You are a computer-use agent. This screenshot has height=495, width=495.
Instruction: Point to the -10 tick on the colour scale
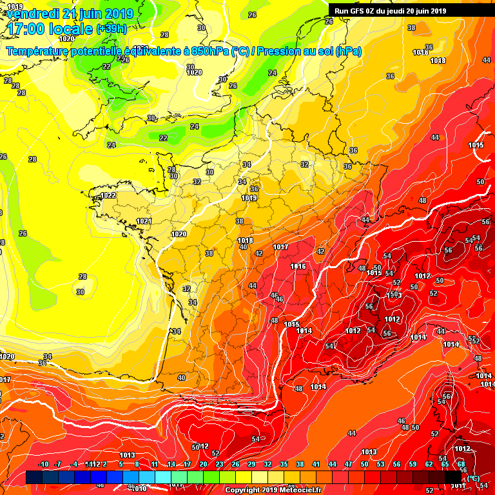[x=43, y=464]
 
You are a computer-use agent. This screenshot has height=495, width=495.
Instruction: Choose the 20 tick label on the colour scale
[x=203, y=464]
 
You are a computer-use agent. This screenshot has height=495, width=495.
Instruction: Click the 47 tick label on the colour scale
[x=348, y=464]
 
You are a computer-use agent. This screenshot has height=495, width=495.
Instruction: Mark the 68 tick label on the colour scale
[x=461, y=464]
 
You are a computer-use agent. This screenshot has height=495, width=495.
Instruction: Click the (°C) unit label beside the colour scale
[x=473, y=478]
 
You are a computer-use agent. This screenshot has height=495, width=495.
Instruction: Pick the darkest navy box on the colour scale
[x=34, y=477]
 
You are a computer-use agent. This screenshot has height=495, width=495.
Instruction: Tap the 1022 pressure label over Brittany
[x=108, y=195]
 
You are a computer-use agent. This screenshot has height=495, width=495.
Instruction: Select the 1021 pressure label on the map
[x=144, y=221]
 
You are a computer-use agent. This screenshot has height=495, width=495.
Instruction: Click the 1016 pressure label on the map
[x=298, y=266]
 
